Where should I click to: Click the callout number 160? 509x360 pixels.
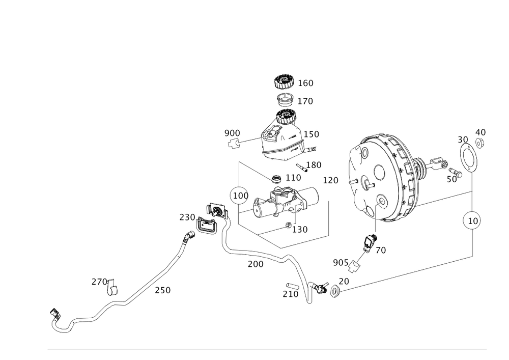pyautogui.click(x=306, y=83)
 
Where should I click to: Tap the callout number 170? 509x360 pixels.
pyautogui.click(x=305, y=101)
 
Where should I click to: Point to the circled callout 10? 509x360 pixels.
pyautogui.click(x=472, y=221)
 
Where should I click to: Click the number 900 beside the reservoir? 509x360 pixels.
pyautogui.click(x=232, y=133)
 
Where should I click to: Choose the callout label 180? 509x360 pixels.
pyautogui.click(x=314, y=165)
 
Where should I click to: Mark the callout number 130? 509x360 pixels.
pyautogui.click(x=300, y=230)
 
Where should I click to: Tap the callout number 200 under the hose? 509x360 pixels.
pyautogui.click(x=255, y=264)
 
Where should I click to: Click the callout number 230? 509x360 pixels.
pyautogui.click(x=187, y=217)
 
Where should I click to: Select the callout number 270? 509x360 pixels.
pyautogui.click(x=99, y=281)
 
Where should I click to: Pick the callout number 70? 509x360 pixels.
pyautogui.click(x=381, y=251)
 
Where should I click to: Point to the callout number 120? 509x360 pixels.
pyautogui.click(x=330, y=180)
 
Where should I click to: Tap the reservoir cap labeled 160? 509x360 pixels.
pyautogui.click(x=284, y=81)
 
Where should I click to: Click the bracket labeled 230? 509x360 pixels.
pyautogui.click(x=205, y=226)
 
